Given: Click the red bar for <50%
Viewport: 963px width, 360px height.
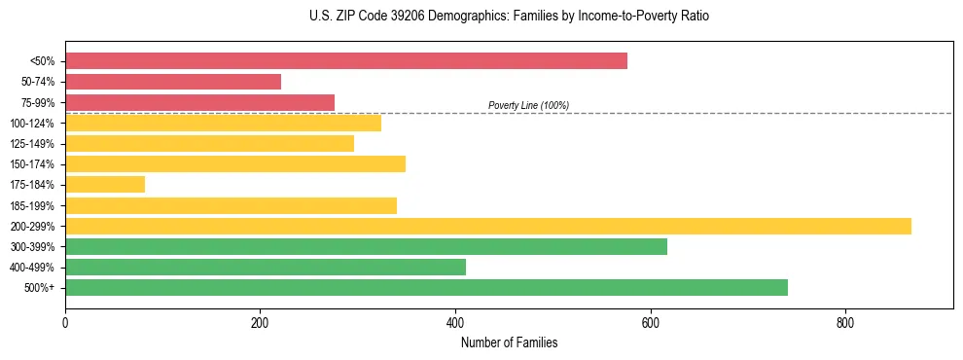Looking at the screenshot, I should [345, 61].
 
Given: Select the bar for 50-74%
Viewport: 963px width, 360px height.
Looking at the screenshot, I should [173, 82].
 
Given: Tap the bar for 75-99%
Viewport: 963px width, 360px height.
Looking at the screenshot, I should [199, 102].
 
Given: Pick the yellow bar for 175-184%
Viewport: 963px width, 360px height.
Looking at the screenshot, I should [105, 184].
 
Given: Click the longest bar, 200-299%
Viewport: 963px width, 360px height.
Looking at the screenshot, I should [487, 226].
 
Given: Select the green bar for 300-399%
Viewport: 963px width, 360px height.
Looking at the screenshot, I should [366, 246].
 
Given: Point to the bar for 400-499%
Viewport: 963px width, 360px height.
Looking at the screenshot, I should [266, 267].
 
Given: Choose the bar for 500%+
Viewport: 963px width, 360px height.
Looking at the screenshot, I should [426, 287].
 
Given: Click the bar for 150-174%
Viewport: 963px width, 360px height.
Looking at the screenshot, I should [235, 163].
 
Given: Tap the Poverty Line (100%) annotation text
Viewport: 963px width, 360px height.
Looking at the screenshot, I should [528, 105].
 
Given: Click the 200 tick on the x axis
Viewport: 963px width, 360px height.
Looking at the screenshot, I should [260, 324].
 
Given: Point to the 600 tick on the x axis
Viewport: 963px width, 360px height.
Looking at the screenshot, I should [650, 324].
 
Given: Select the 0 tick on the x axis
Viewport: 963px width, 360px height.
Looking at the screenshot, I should [65, 324].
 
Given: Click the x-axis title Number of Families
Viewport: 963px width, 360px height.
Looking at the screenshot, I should [509, 342].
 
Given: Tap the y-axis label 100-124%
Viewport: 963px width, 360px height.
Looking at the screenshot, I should [32, 124].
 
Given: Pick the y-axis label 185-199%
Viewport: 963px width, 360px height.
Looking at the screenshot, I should [32, 205].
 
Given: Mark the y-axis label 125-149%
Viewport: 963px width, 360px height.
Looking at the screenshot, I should [32, 144].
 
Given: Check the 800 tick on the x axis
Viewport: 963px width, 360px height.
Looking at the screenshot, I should [844, 324].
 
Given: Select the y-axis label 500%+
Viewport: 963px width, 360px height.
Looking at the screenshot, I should [39, 288].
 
